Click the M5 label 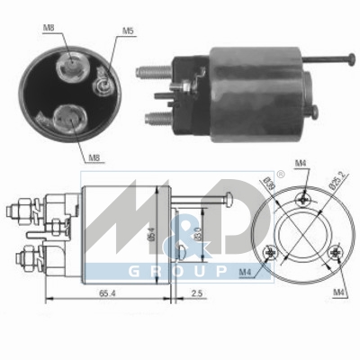click(x=128, y=32)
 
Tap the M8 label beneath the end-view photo click(x=94, y=157)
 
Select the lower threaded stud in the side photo click(x=150, y=116)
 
